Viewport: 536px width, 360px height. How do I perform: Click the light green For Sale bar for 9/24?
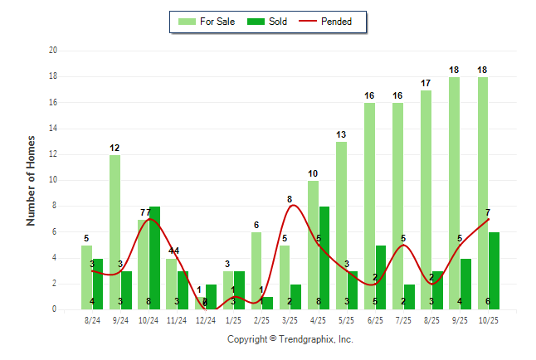click(x=115, y=232)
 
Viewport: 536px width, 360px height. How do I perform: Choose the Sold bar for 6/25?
click(x=381, y=277)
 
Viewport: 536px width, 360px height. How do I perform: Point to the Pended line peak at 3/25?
click(x=290, y=206)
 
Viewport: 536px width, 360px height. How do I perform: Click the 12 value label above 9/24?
click(x=115, y=148)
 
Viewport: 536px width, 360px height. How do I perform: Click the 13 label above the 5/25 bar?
click(x=341, y=135)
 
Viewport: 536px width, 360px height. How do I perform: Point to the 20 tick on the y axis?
click(x=53, y=51)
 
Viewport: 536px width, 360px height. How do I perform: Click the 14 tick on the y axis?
click(x=53, y=129)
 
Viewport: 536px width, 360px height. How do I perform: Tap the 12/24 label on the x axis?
click(x=206, y=320)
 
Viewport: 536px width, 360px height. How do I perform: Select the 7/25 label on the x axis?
click(x=404, y=320)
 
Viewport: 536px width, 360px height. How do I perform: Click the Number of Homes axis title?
click(x=32, y=180)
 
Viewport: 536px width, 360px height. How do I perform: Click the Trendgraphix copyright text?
click(x=290, y=339)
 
